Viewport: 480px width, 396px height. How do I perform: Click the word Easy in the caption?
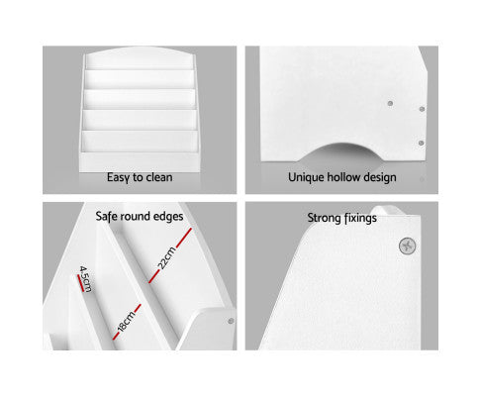point(118,178)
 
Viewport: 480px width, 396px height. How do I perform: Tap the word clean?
point(159,177)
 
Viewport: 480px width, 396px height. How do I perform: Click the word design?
point(379,177)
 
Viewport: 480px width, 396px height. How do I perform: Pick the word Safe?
point(105,216)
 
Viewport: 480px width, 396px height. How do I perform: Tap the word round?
point(132,216)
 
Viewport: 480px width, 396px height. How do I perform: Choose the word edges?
point(166,217)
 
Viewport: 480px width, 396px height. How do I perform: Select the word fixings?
point(359,218)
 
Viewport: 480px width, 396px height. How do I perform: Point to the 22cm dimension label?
point(167,257)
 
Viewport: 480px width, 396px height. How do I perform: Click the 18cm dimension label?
point(127,321)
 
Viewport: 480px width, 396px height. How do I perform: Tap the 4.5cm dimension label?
point(85,279)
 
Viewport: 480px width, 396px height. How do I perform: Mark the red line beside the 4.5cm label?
point(80,283)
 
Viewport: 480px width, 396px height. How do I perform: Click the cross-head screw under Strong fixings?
point(408,246)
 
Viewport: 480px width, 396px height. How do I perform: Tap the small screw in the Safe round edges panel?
point(231,321)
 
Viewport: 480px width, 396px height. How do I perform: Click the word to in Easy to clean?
point(138,177)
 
